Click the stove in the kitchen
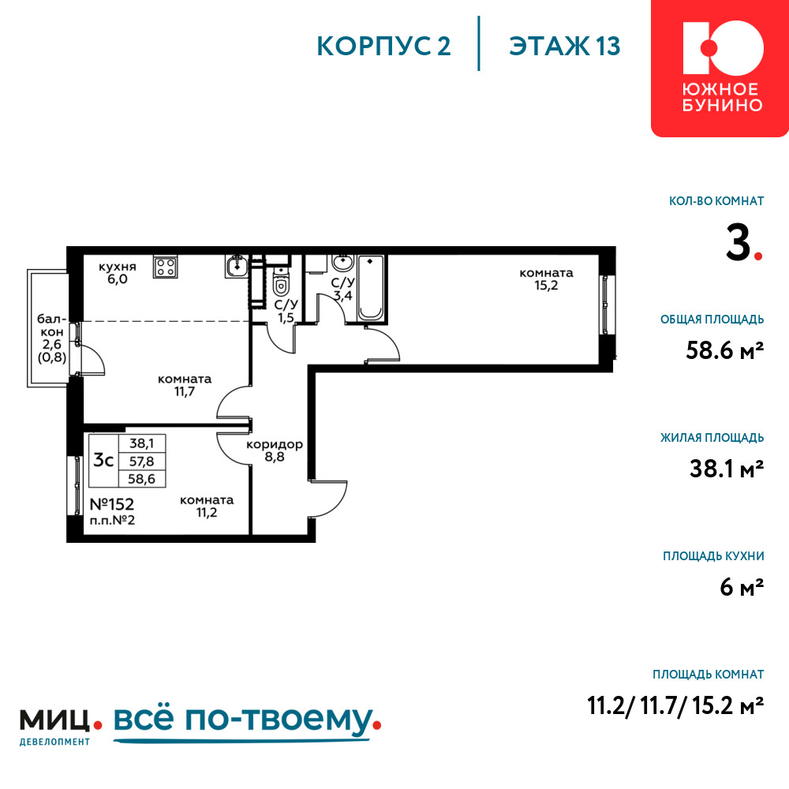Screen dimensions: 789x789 pos(165,267)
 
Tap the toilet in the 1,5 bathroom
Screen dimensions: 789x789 pos(281,282)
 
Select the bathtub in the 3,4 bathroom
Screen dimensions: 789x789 pos(370,289)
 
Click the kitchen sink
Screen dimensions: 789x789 pos(236,266)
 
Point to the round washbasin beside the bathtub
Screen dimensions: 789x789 pos(343,263)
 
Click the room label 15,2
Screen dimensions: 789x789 pos(546,279)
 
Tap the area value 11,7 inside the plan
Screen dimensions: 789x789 pos(185,391)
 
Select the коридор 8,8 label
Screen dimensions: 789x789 pos(275,451)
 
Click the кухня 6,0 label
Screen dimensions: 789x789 pos(118,273)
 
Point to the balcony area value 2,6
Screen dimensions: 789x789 pos(52,344)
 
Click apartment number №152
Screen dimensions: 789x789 pos(112,503)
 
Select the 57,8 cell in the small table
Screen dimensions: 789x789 pos(141,461)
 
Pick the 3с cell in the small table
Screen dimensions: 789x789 pos(103,460)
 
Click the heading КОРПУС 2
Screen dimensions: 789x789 pos(383,47)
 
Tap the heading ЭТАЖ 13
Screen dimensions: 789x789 pos(565,47)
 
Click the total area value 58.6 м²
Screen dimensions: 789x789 pos(724,350)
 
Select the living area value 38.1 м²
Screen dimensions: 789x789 pos(727,469)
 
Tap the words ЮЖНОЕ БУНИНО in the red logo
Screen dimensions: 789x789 pos(722,98)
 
